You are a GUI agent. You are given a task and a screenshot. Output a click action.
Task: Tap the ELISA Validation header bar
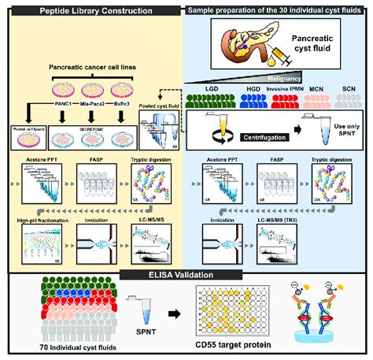click(186, 274)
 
